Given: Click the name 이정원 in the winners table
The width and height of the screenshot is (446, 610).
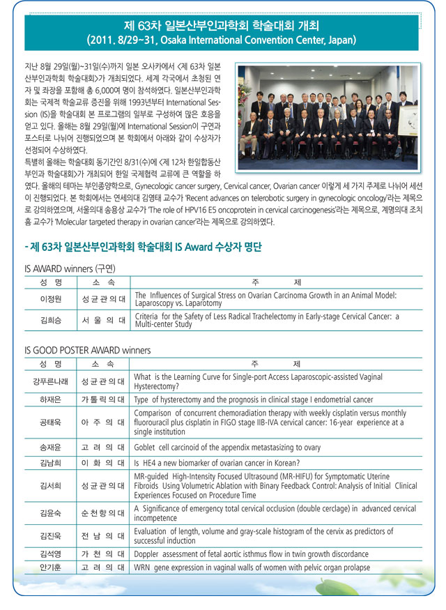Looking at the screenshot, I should (52, 300).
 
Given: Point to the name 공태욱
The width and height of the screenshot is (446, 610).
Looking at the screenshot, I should (52, 422).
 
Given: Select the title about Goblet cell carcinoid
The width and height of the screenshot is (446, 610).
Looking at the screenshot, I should (227, 448).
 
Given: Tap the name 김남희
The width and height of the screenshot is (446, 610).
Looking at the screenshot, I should (52, 464).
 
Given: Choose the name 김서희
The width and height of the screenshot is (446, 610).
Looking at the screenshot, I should (52, 486).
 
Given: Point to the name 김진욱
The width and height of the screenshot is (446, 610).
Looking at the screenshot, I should (52, 536).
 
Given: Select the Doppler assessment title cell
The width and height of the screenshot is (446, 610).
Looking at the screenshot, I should (243, 555).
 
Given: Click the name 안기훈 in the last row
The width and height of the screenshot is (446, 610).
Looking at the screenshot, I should (52, 568).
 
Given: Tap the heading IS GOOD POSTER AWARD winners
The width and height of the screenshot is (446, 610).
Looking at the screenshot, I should (87, 350).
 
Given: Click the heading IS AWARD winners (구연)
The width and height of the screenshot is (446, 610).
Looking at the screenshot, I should (70, 268).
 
